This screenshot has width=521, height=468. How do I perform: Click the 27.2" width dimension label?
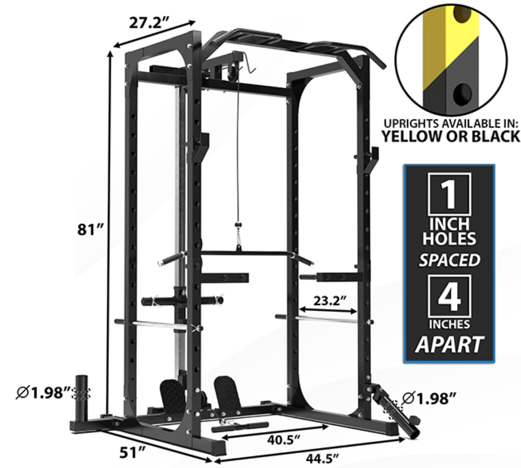pyautogui.click(x=149, y=23)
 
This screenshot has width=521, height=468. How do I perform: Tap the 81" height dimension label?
pyautogui.click(x=88, y=230)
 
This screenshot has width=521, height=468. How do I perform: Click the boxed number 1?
pyautogui.click(x=449, y=194)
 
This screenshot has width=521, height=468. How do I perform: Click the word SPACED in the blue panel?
pyautogui.click(x=449, y=260)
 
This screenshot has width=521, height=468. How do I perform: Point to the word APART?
pyautogui.click(x=449, y=344)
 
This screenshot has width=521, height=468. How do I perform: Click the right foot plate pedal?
pyautogui.click(x=227, y=392)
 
